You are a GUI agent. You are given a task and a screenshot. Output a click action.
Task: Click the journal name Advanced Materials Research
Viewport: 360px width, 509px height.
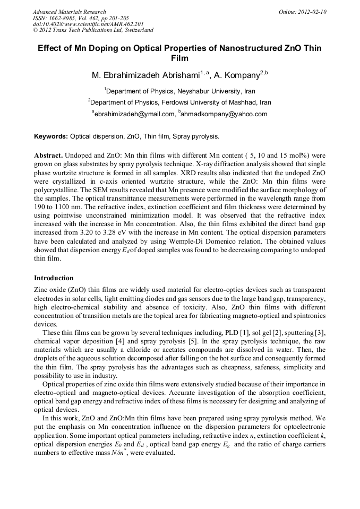point(69,12)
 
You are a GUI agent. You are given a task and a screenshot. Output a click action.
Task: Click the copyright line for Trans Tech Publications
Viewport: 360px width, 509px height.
point(93,31)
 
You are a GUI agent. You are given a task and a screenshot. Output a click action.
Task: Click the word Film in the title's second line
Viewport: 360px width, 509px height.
point(179,58)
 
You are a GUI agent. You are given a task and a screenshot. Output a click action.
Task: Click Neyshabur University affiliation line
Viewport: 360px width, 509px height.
point(180,91)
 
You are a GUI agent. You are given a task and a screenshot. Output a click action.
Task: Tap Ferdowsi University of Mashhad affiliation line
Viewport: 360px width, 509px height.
point(180,102)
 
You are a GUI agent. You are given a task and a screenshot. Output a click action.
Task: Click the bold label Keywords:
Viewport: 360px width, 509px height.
point(51,137)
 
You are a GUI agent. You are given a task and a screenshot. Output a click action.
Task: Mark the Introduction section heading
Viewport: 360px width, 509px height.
point(54,278)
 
